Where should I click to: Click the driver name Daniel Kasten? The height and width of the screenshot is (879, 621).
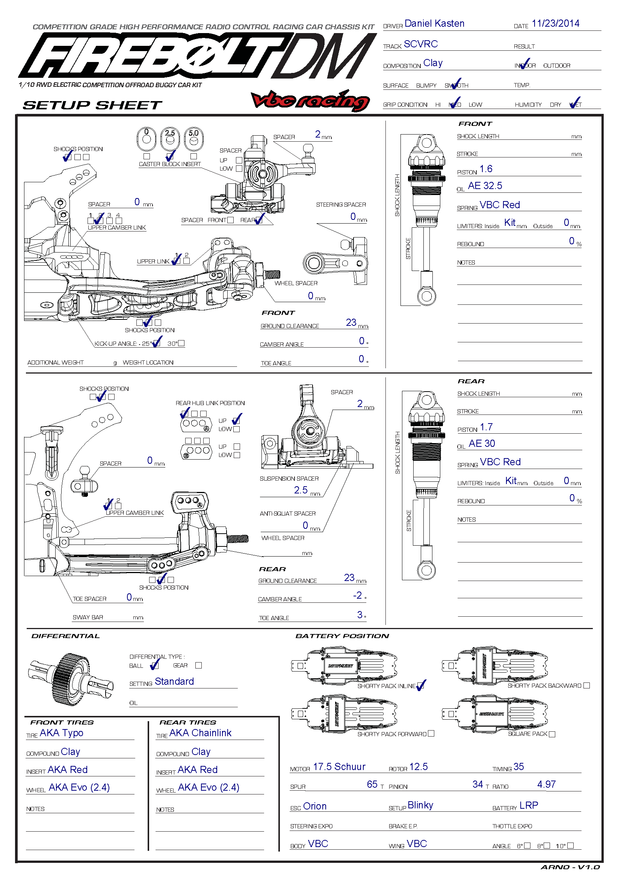434,24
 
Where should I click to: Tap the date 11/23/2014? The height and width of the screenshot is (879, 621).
555,24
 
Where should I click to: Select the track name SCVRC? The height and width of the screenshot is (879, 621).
420,44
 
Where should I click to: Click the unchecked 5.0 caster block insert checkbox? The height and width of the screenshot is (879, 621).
193,156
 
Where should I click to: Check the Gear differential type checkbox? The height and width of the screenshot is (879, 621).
198,666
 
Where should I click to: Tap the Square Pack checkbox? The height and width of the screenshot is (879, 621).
552,734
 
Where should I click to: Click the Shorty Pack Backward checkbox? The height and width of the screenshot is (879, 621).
586,685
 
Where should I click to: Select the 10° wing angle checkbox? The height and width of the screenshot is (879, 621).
571,845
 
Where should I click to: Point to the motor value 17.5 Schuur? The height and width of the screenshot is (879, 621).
339,767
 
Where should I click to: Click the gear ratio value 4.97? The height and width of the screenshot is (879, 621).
546,784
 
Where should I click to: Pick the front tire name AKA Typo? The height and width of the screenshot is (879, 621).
61,733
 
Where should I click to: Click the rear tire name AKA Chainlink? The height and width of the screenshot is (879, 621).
200,733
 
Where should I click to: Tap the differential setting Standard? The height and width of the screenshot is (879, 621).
174,681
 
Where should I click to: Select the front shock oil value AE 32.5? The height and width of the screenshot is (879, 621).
485,186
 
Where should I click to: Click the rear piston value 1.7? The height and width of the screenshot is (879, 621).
486,427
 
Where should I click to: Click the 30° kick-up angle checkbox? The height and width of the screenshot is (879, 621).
181,343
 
